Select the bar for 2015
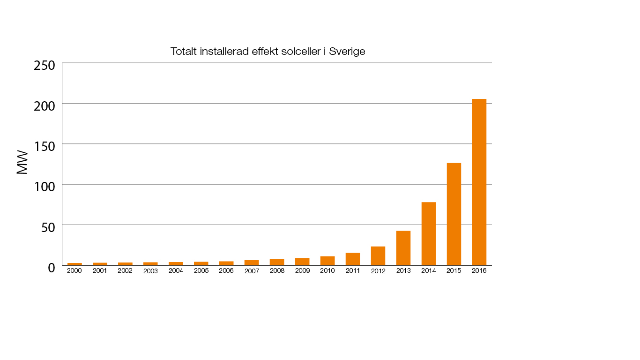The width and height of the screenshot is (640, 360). pyautogui.click(x=454, y=214)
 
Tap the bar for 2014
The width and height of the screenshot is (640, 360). pyautogui.click(x=428, y=233)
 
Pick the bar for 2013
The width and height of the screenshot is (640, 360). pyautogui.click(x=403, y=248)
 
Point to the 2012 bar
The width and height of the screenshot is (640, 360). pyautogui.click(x=378, y=256)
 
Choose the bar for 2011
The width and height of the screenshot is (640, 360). pyautogui.click(x=352, y=259)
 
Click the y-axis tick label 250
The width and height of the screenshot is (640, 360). pyautogui.click(x=45, y=65)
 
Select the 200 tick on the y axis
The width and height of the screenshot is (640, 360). pyautogui.click(x=45, y=105)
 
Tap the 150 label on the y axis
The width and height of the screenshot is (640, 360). pyautogui.click(x=45, y=146)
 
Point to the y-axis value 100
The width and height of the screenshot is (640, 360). pyautogui.click(x=45, y=187)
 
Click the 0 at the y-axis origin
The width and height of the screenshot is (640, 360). pyautogui.click(x=52, y=268)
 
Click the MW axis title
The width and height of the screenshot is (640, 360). pyautogui.click(x=22, y=163)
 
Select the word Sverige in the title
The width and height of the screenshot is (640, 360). pyautogui.click(x=347, y=52)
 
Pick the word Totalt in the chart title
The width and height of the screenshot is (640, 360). pyautogui.click(x=184, y=52)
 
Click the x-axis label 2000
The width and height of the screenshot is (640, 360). pyautogui.click(x=74, y=270)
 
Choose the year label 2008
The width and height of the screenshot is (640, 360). pyautogui.click(x=277, y=270)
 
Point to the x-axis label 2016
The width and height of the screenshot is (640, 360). pyautogui.click(x=479, y=270)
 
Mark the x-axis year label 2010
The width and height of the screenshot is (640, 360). pyautogui.click(x=327, y=270)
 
